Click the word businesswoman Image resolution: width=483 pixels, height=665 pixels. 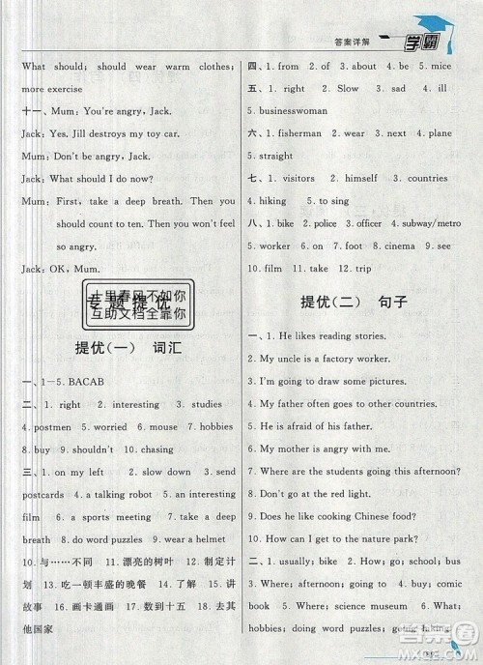point(293,111)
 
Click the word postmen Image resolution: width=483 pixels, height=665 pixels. point(36,427)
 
